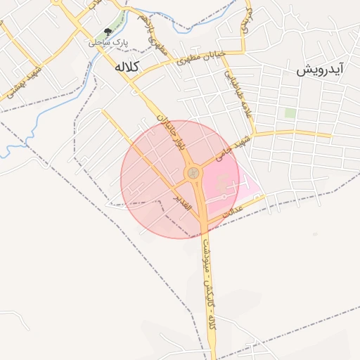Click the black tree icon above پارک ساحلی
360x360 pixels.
(108, 32)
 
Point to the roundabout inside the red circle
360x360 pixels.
(192, 173)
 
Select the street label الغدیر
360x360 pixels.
(182, 199)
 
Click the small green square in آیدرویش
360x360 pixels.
(290, 112)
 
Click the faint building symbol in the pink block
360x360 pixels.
(224, 185)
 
